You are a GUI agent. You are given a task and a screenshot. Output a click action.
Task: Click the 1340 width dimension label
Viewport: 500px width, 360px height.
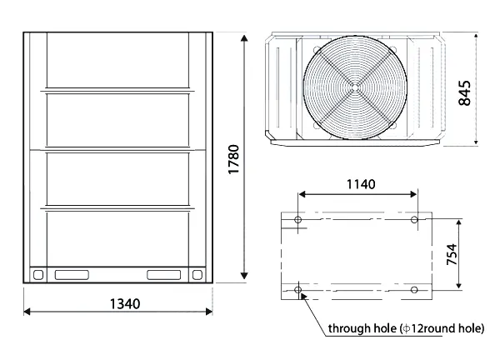click(x=125, y=304)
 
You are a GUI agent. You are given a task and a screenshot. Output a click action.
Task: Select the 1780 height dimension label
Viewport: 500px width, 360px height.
click(x=233, y=159)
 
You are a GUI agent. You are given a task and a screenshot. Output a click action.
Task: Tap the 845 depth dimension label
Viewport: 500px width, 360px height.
click(x=464, y=92)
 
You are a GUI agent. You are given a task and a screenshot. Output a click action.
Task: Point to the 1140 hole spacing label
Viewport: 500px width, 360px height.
click(x=361, y=184)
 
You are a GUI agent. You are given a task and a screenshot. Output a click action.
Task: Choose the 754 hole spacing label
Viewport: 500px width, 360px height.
click(x=452, y=254)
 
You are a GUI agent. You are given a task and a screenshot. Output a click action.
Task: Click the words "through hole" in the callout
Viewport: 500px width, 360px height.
click(x=362, y=328)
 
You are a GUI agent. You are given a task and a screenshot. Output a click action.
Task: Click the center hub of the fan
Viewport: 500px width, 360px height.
click(x=355, y=87)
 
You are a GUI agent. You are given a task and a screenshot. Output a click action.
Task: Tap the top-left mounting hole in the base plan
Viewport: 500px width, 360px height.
click(x=297, y=220)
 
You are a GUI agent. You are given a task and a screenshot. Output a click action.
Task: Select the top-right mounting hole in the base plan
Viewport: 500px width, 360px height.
click(x=414, y=220)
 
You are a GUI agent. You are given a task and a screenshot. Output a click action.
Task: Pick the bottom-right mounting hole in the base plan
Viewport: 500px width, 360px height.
click(x=414, y=290)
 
